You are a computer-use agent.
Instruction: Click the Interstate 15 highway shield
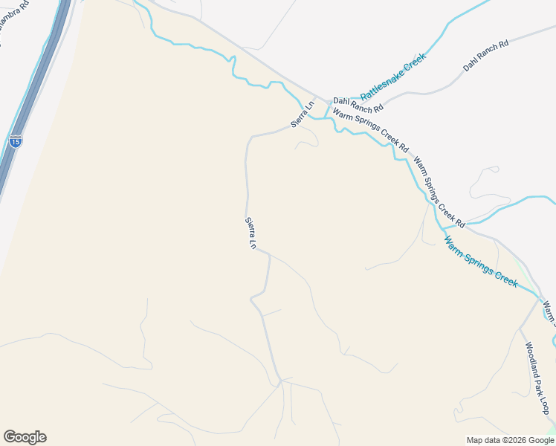[16, 140]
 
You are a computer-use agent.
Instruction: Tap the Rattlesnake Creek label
[393, 77]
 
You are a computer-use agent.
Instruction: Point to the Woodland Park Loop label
[537, 378]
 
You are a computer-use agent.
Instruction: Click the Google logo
[25, 437]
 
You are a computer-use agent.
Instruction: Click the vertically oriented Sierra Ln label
[250, 233]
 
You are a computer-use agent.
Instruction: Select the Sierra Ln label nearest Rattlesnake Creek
[303, 114]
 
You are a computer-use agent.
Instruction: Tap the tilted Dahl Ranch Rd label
[485, 56]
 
